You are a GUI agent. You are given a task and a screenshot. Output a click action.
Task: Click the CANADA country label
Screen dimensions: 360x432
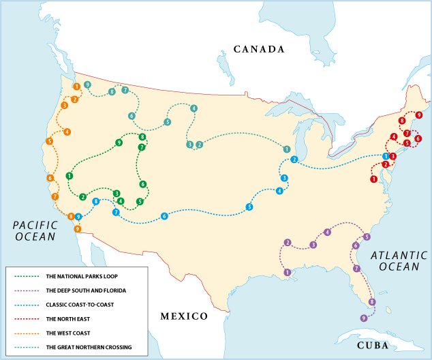coord(258,49)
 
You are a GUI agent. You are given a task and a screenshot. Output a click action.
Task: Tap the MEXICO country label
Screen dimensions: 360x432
coord(183,316)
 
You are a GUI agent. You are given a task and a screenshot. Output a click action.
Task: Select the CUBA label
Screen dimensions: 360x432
coord(372,346)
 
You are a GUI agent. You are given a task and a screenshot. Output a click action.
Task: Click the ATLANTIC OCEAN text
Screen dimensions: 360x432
coord(399,261)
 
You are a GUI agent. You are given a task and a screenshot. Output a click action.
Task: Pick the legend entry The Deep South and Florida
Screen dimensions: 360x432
coord(86,290)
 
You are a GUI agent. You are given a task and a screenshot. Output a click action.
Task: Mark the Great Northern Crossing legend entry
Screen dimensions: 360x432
coord(88,348)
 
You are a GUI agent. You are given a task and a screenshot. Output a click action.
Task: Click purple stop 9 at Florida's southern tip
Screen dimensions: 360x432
coord(364,318)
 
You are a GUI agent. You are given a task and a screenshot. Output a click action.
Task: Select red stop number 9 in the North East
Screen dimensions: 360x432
coord(418,115)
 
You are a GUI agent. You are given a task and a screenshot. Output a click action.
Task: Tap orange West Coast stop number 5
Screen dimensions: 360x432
coord(50,141)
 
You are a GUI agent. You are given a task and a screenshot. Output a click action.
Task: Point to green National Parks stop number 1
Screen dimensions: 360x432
coord(70,176)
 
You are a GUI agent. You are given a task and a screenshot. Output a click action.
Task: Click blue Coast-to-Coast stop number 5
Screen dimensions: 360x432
coord(249,207)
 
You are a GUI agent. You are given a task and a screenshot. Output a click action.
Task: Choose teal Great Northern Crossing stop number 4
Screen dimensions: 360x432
coord(194,108)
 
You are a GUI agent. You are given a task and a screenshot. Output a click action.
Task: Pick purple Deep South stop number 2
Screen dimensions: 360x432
coord(288,243)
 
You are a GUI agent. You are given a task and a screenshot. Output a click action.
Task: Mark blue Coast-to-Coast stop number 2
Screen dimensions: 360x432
coord(294,160)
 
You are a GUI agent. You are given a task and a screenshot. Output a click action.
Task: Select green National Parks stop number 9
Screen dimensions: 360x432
coord(119,142)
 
